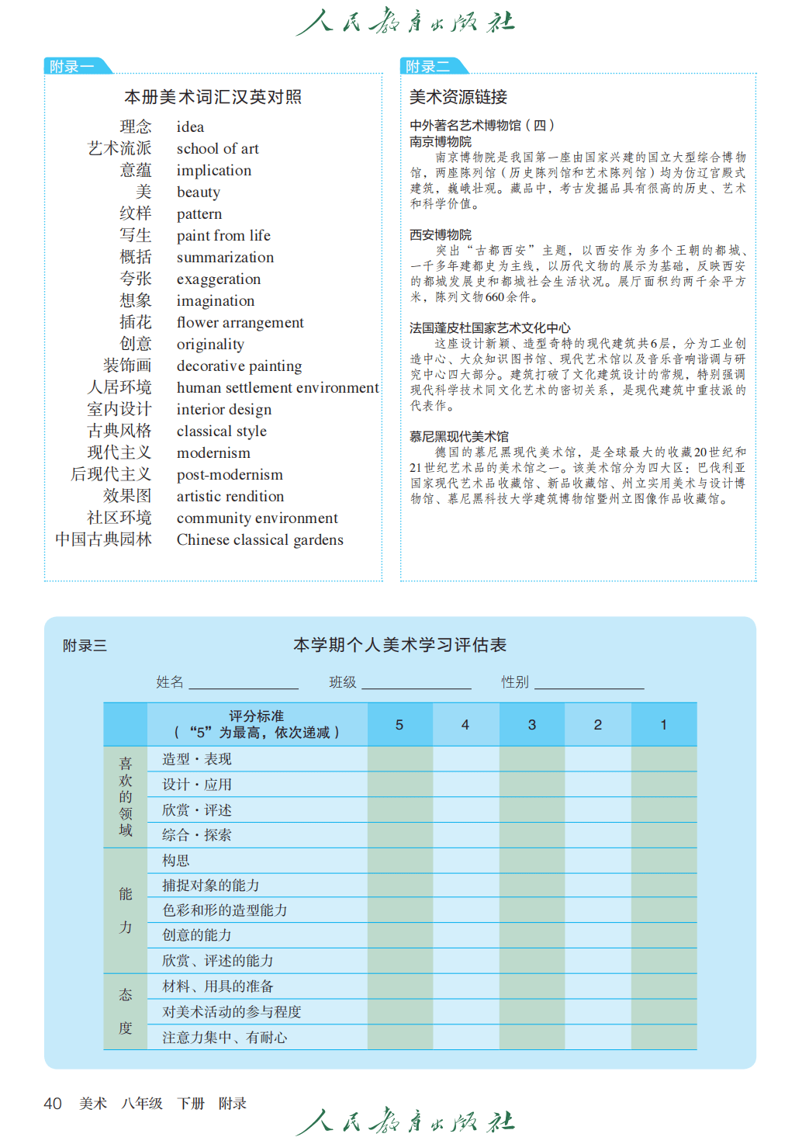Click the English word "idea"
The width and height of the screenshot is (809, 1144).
point(190,127)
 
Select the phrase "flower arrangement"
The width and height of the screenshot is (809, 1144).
point(240,323)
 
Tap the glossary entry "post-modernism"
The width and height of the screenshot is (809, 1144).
point(230,475)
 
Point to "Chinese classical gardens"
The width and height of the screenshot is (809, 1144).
point(260,540)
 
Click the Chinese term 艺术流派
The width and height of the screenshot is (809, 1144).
point(119,148)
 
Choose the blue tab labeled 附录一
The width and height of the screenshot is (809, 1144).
point(72,67)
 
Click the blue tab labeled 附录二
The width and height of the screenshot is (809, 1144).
point(428,67)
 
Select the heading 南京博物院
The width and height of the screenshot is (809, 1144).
point(441,142)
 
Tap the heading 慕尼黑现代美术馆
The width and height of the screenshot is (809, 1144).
point(459,437)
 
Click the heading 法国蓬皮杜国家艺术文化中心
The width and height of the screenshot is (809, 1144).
point(490,328)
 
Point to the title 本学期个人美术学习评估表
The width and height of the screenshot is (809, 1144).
point(400,645)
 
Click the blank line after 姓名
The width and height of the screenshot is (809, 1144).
point(244,682)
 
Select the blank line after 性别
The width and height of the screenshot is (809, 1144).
point(589,682)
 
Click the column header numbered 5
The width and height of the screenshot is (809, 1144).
point(399,725)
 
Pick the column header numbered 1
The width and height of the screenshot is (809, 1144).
point(663,725)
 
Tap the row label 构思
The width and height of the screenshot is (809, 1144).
point(176,861)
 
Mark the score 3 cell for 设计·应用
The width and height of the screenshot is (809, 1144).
point(531,785)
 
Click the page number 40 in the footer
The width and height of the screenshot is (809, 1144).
point(53,1104)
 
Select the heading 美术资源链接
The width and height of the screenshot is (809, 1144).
point(458,97)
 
